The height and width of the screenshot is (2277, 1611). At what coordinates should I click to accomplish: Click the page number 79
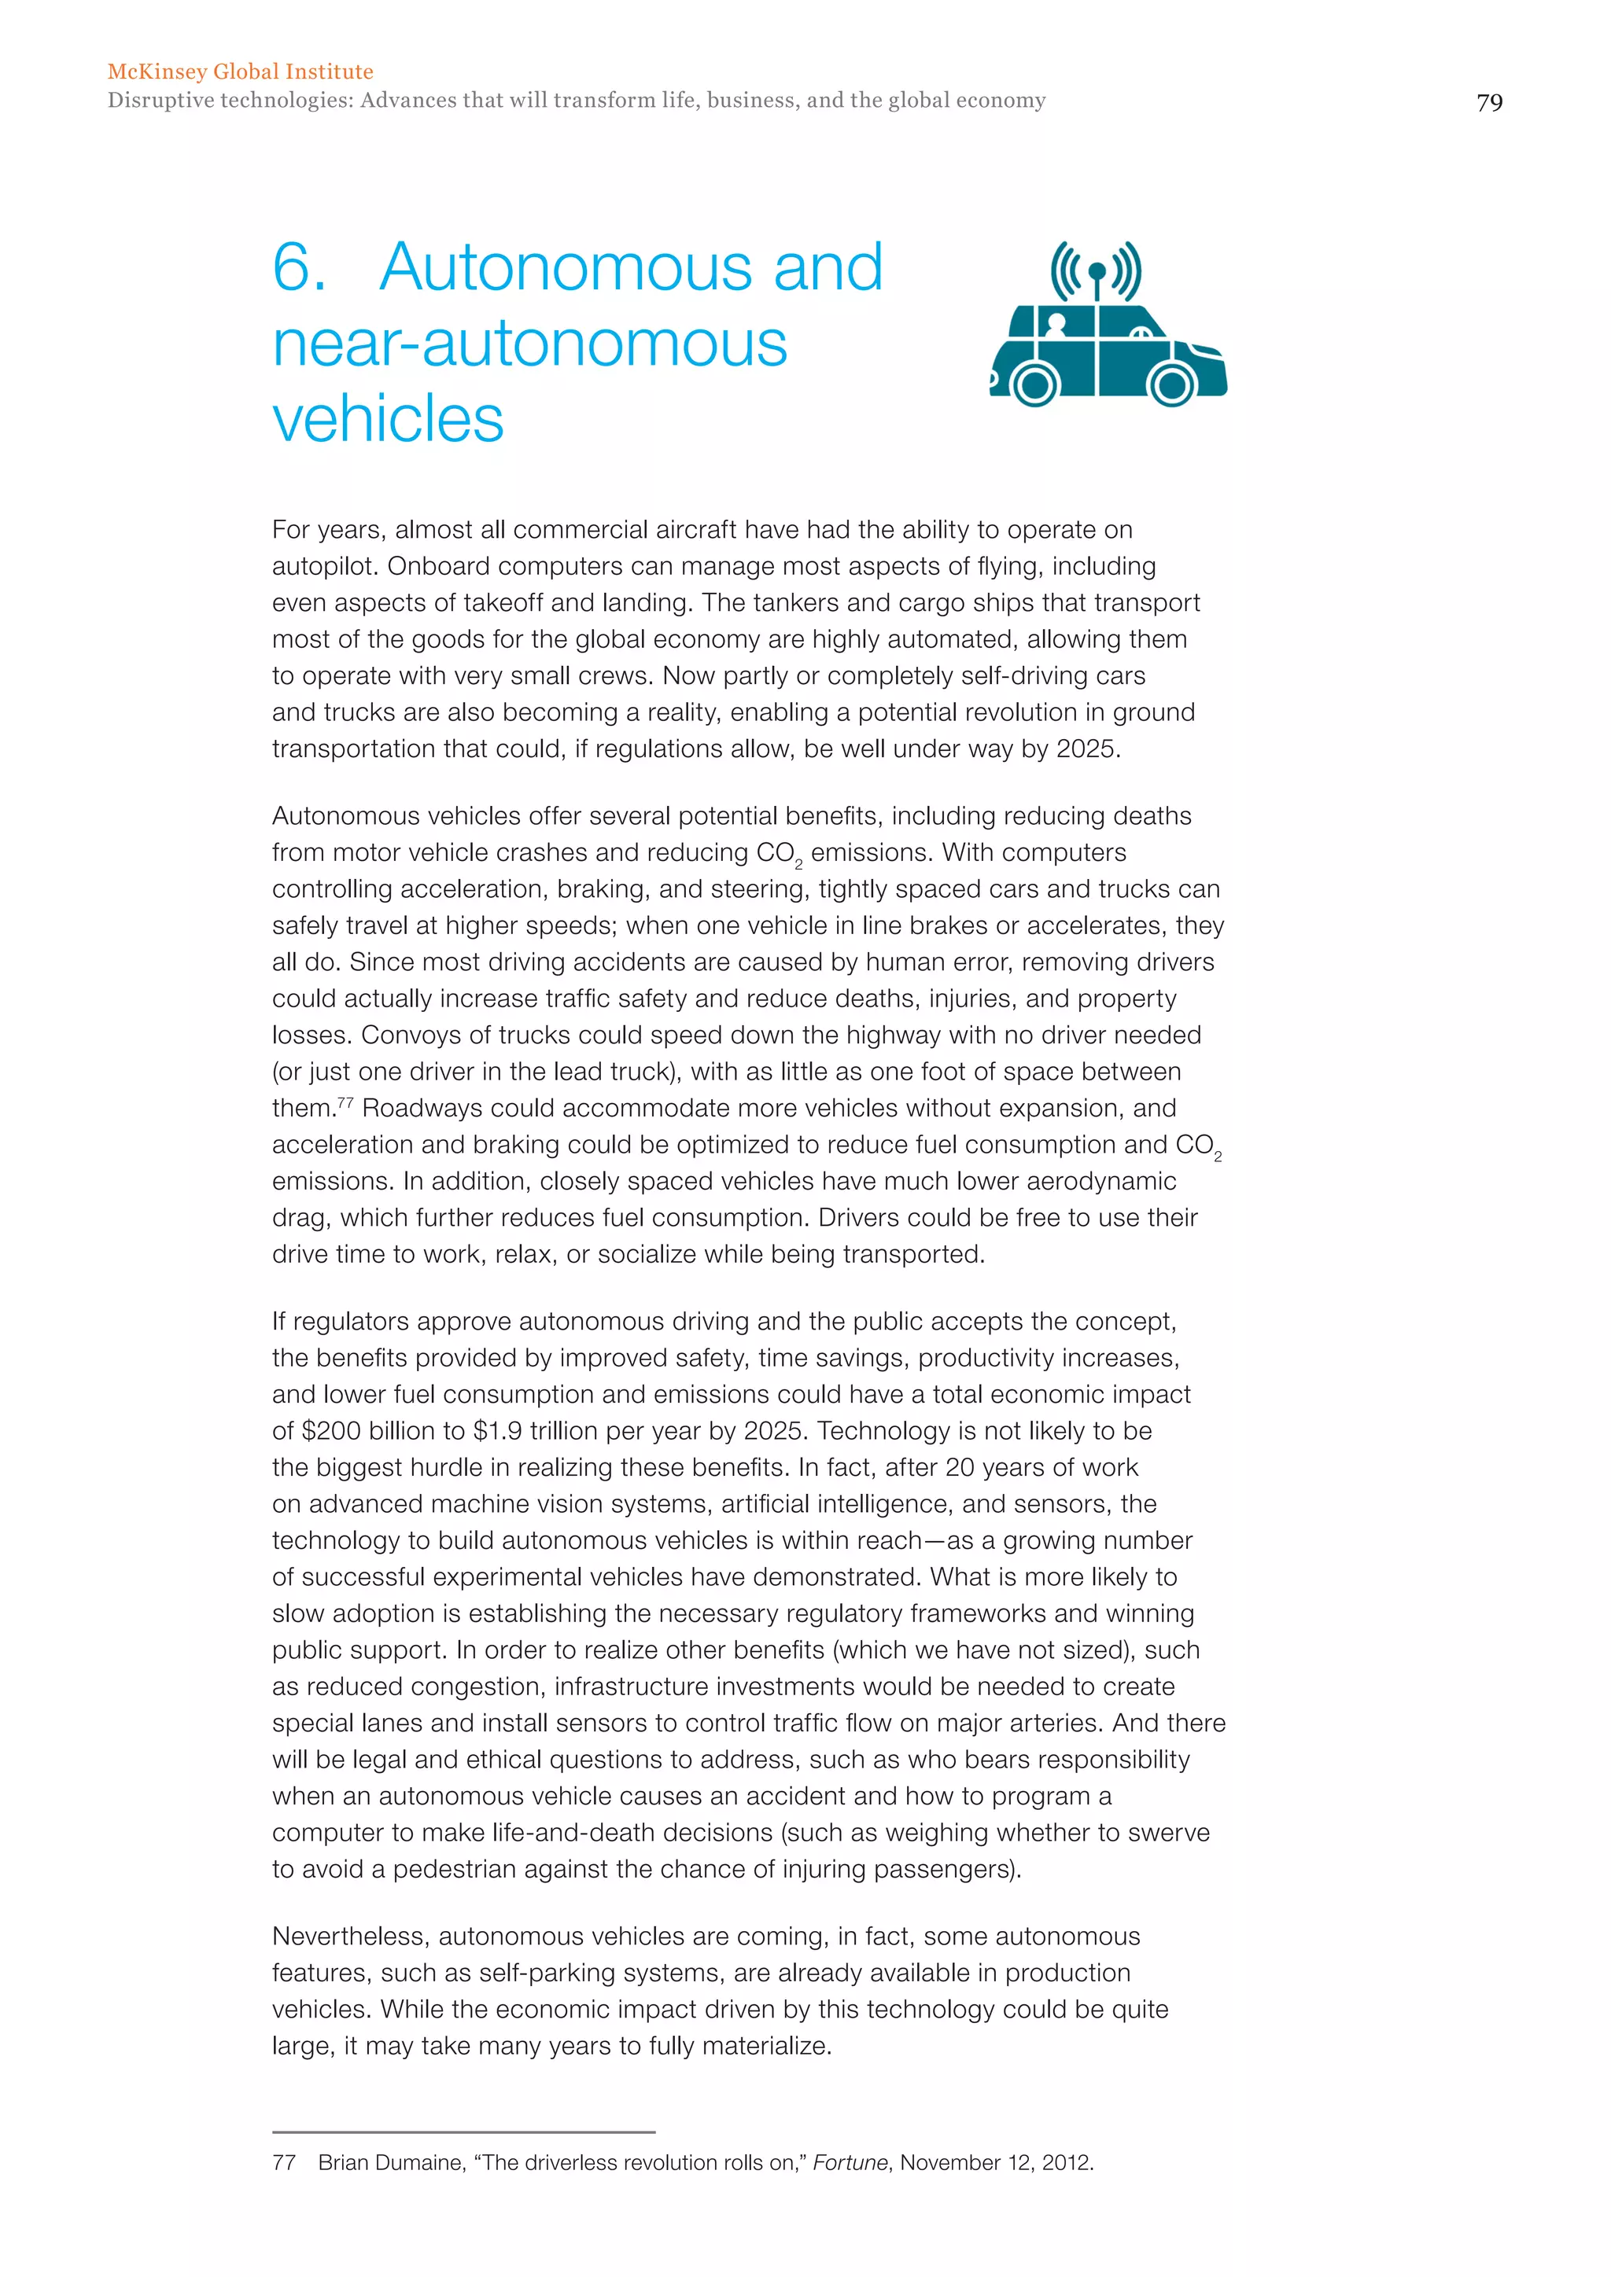pyautogui.click(x=1489, y=103)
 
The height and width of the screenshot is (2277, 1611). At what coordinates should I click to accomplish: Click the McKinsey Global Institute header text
pyautogui.click(x=240, y=72)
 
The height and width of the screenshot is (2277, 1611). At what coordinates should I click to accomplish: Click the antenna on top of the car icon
pyautogui.click(x=1096, y=278)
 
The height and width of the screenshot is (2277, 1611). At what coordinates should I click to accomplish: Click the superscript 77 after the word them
pyautogui.click(x=345, y=1102)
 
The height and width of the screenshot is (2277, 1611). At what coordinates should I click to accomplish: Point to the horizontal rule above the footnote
pyautogui.click(x=463, y=2132)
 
